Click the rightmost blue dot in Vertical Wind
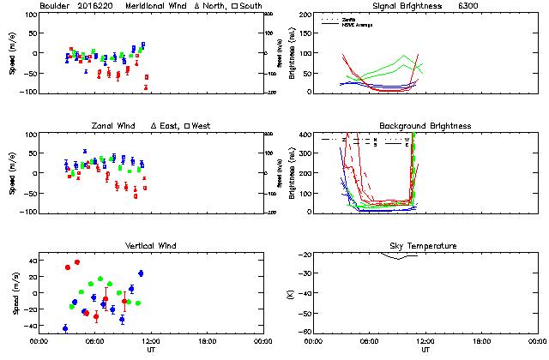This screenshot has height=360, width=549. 141,273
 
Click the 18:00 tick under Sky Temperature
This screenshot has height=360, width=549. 481,341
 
